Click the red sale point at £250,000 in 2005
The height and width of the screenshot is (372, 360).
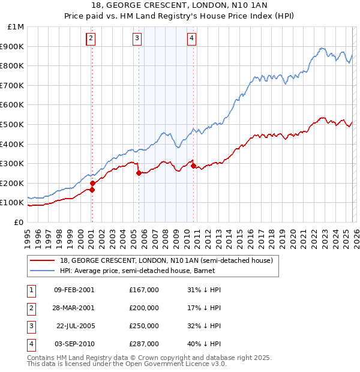point(139,173)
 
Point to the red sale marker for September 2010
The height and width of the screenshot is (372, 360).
point(193,166)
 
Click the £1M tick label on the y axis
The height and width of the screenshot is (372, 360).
point(16,26)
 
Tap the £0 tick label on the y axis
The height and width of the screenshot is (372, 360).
point(19,222)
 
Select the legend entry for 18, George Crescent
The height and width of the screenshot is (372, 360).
point(166,260)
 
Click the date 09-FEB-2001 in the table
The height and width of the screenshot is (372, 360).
point(74,290)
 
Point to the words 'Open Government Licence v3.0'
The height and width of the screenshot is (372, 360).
point(177,364)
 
